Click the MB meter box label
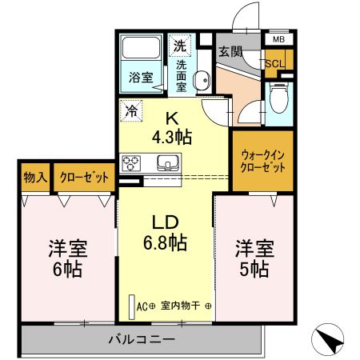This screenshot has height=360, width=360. coord(278,40)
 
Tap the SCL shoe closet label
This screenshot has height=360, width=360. coord(275,64)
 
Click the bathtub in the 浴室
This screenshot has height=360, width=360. coord(141,47)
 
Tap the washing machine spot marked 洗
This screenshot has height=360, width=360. coord(180,46)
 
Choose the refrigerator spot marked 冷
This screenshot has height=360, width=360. coord(131,110)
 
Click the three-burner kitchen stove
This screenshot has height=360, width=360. coord(131,163)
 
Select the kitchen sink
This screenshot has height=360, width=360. coord(168,162)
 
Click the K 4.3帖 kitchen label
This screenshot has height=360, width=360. coord(172,128)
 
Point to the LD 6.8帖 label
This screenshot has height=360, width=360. coord(166,233)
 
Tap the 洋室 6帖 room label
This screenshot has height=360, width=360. coord(68,259)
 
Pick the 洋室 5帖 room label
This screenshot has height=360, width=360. coord(254,259)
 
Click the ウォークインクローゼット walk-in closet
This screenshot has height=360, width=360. coord(263,161)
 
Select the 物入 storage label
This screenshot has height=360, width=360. coord(35,177)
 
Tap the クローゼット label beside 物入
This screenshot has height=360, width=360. coord(84,177)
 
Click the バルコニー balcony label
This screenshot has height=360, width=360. coord(142,339)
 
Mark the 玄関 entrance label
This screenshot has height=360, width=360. coord(230,52)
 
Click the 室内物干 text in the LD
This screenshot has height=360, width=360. coord(180,306)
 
